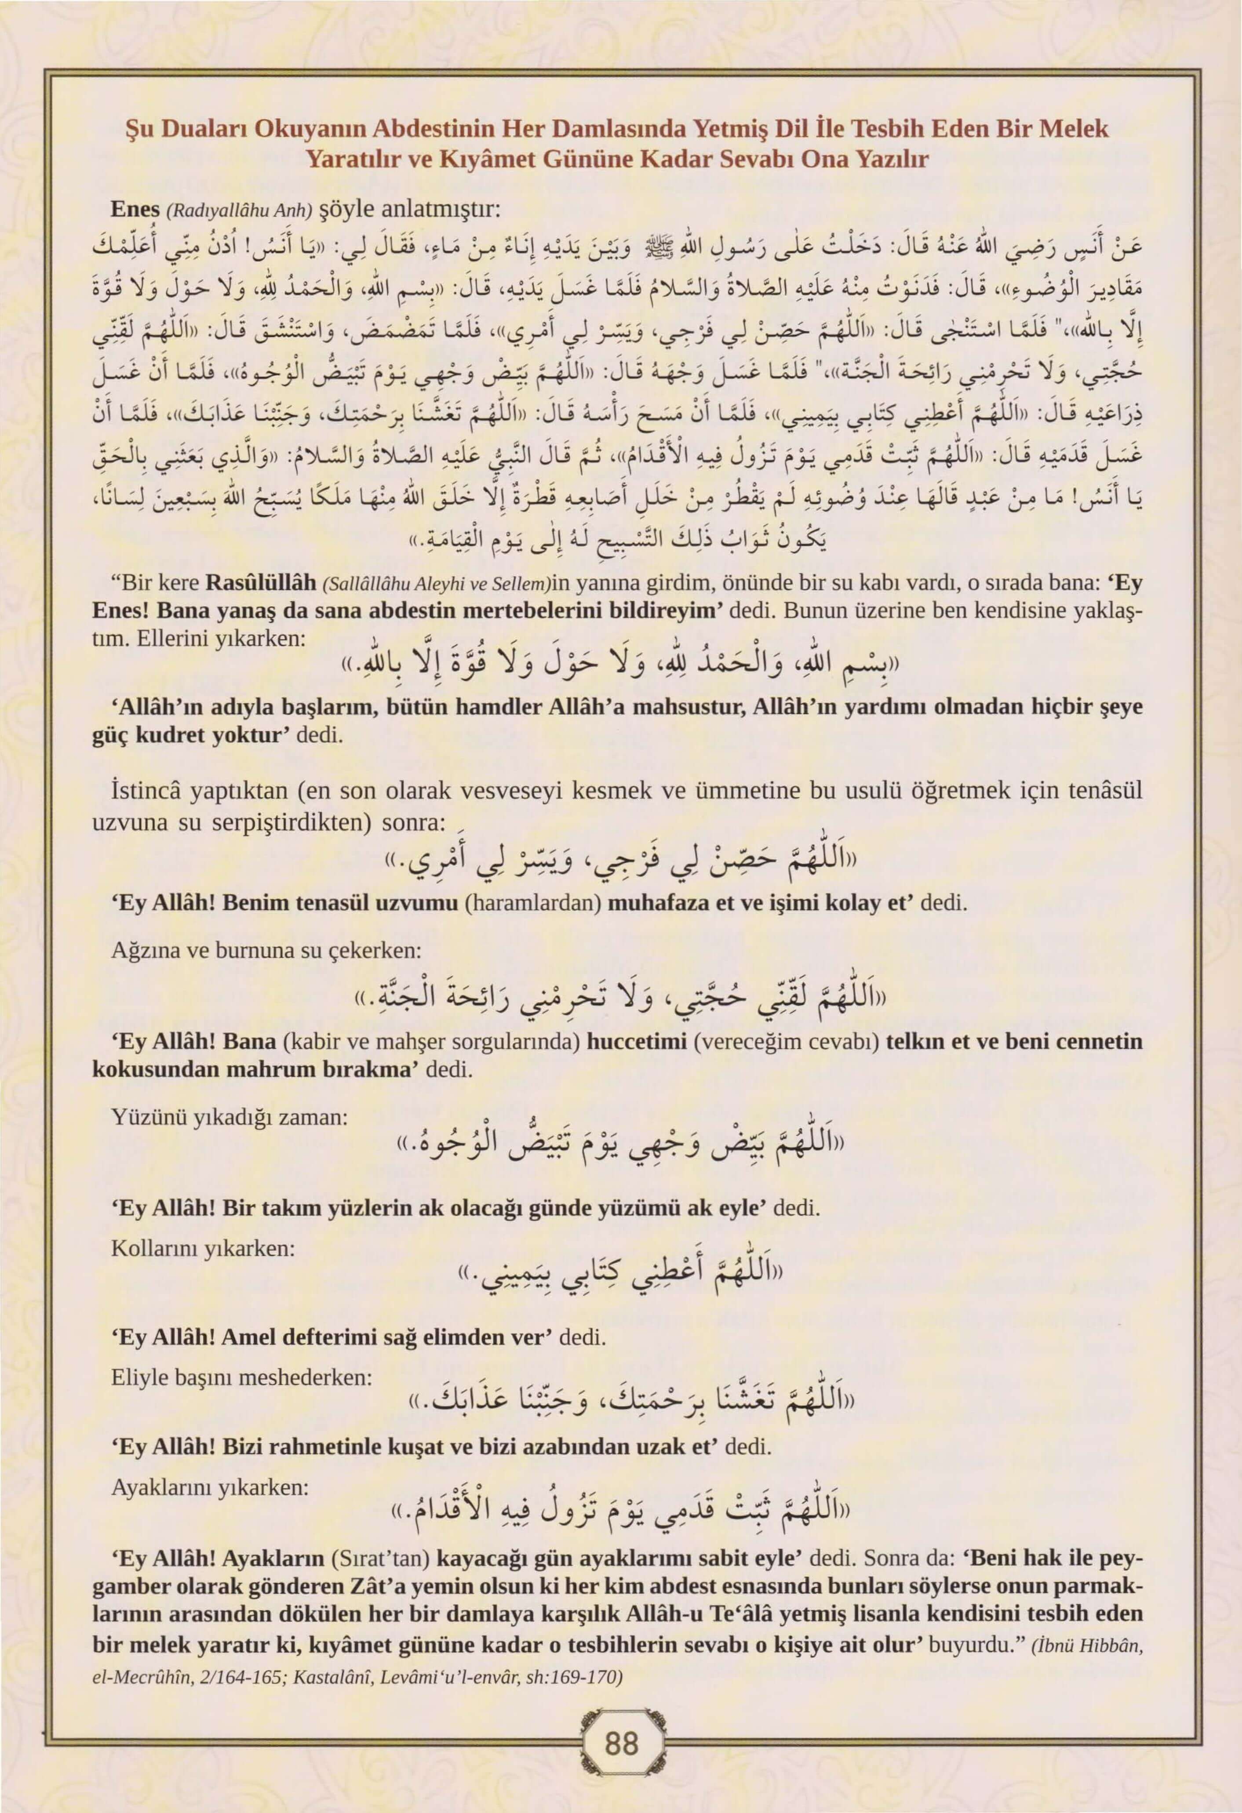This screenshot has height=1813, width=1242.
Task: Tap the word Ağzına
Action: click(142, 951)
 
